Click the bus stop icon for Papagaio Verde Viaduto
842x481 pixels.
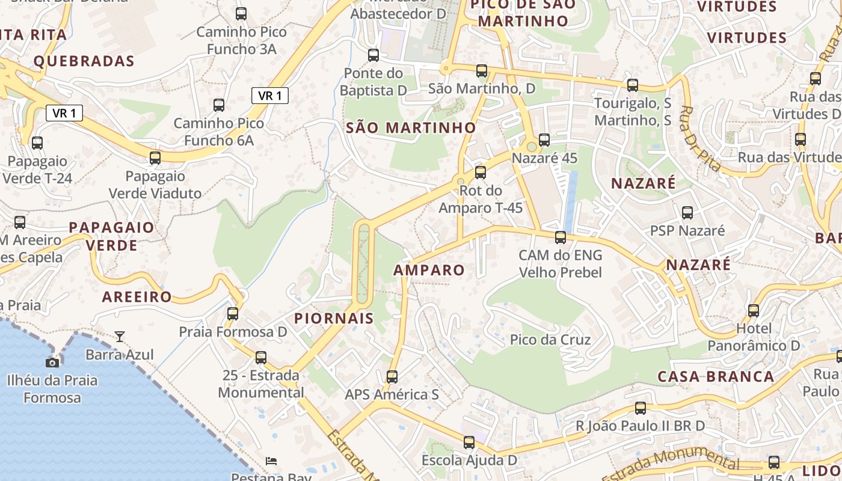155,158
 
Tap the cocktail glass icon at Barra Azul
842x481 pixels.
120,337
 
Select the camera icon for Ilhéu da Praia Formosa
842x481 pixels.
52,362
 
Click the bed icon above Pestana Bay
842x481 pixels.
271,461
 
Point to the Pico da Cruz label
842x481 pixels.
550,340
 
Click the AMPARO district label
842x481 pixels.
429,270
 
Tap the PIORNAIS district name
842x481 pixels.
334,318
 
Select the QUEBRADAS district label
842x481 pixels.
84,61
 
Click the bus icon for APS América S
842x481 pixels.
392,377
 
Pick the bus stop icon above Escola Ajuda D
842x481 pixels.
469,443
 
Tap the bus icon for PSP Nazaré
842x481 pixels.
687,212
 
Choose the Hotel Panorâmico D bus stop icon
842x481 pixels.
754,311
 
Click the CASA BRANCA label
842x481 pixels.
716,377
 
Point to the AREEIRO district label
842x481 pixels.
137,296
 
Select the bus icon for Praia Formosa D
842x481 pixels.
233,313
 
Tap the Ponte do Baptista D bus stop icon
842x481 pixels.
373,55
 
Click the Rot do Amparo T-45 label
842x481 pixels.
481,199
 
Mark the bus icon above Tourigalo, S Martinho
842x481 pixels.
632,85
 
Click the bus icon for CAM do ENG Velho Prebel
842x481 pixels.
561,237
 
